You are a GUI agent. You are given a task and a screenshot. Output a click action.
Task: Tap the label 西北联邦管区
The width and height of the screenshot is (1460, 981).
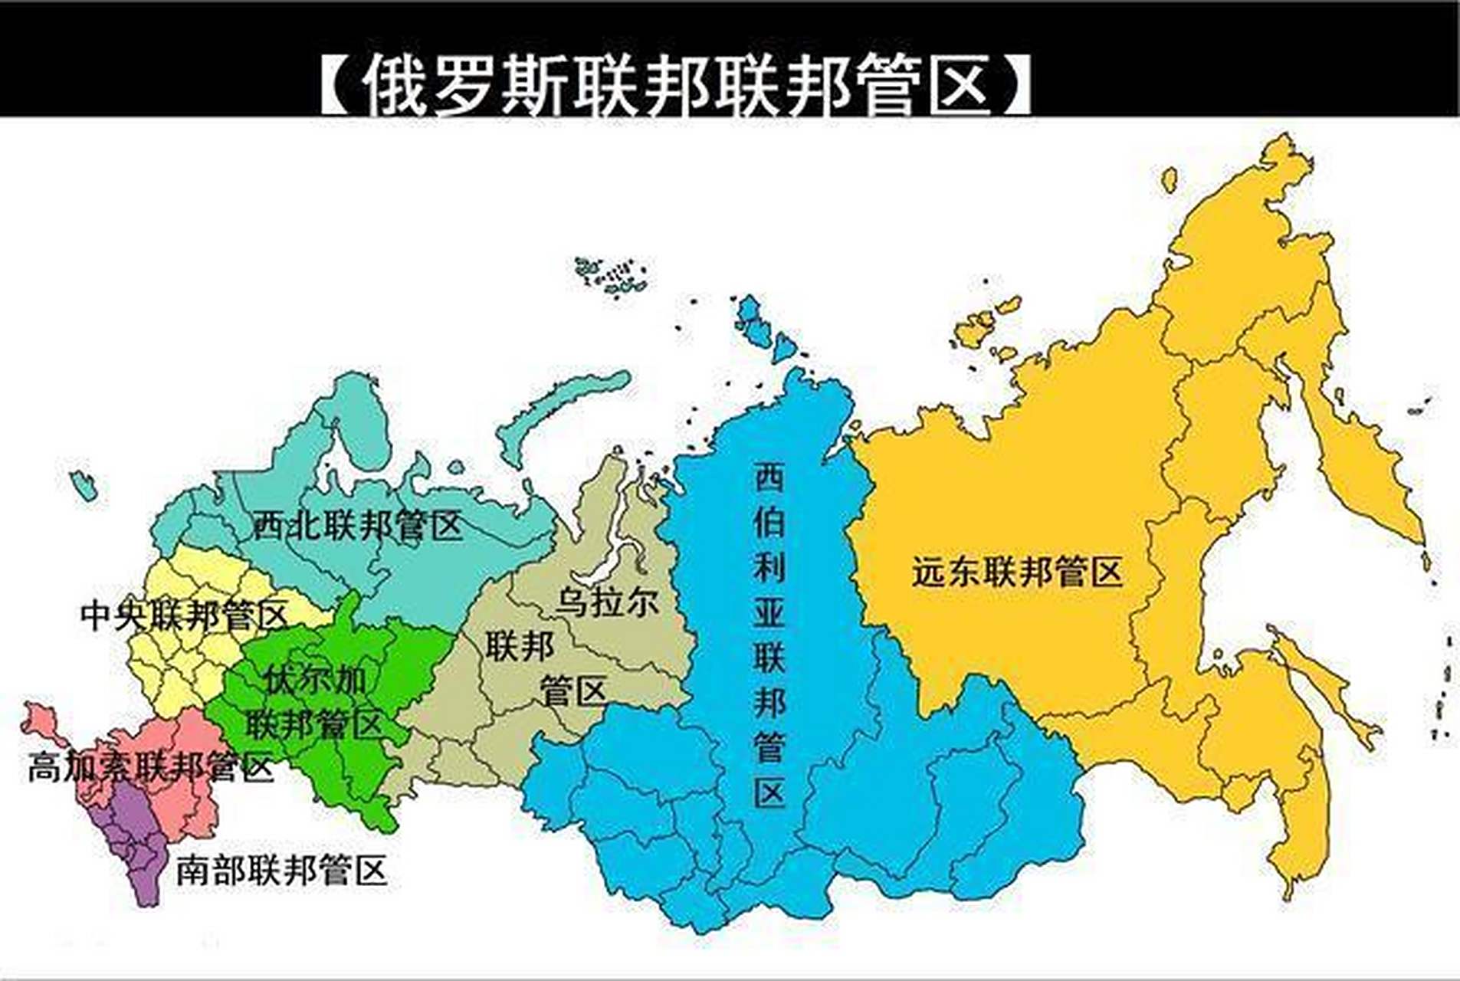(358, 526)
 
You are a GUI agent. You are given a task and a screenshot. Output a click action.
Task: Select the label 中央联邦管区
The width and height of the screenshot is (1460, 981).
(184, 615)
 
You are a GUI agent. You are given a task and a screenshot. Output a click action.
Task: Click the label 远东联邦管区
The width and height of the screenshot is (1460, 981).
(1017, 572)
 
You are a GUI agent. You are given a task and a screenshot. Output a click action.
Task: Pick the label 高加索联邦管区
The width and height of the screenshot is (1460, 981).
(150, 767)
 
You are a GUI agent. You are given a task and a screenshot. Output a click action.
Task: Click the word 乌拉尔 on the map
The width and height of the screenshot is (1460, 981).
(607, 602)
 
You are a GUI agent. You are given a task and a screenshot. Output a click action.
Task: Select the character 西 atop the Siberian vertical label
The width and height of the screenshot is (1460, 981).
(769, 477)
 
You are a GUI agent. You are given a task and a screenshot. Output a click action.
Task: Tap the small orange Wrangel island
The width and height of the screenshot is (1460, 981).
(1170, 181)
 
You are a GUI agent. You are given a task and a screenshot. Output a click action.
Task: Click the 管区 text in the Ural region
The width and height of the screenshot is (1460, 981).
(573, 691)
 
